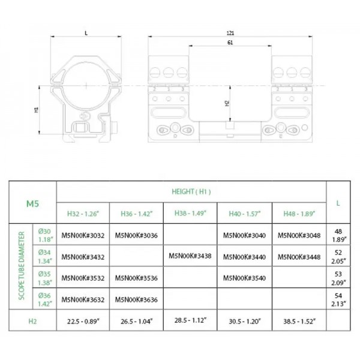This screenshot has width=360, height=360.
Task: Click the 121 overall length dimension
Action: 230,33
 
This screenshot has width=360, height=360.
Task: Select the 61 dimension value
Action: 230,43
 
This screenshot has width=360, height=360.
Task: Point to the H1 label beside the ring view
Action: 36,110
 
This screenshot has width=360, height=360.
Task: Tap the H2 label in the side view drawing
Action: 227,103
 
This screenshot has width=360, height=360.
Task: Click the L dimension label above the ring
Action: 86,33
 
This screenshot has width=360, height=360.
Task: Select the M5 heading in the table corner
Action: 32,203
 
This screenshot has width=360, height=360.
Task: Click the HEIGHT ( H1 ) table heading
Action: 191,191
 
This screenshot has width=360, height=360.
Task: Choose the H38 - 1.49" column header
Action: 190,213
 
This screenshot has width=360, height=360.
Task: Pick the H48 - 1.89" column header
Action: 299,214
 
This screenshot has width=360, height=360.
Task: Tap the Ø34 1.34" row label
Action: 44,257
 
